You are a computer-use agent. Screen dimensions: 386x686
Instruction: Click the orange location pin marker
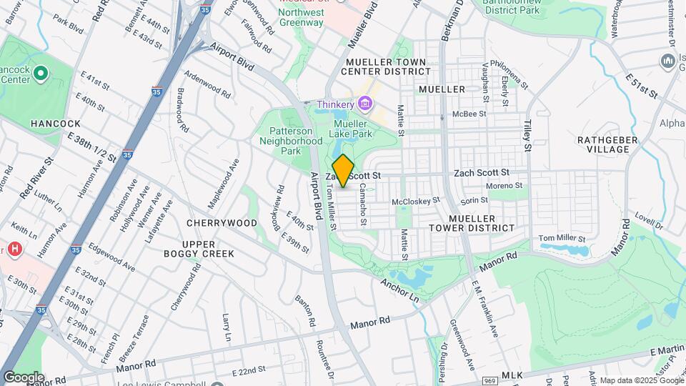[343, 171]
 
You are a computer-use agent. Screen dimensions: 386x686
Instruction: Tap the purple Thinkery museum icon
[365, 105]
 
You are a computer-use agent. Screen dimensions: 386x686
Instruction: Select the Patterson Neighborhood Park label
[296, 141]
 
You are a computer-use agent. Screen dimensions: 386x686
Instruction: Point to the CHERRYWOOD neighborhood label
[222, 223]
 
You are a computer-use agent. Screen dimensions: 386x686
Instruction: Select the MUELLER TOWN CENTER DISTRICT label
[386, 66]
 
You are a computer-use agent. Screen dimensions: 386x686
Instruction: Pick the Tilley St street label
[529, 137]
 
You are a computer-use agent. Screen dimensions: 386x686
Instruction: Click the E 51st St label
[641, 84]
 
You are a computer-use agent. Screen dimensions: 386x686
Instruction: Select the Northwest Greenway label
[300, 18]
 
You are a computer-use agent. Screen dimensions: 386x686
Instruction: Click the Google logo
[24, 377]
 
